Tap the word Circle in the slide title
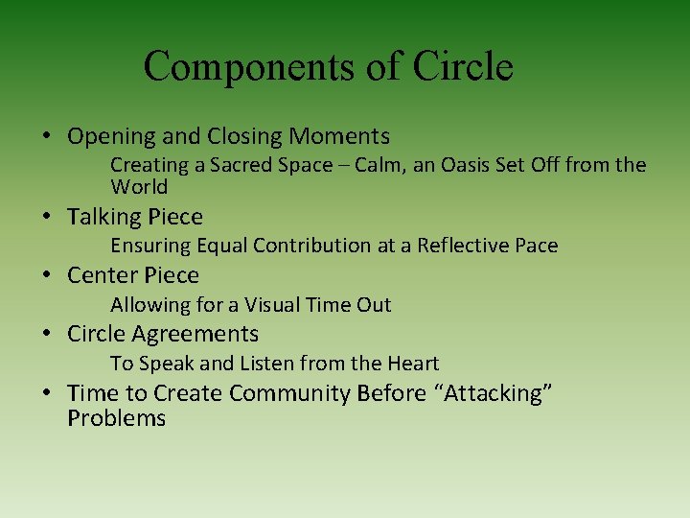click(463, 67)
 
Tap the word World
click(139, 187)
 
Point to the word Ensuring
click(150, 246)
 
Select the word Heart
click(411, 364)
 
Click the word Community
click(290, 393)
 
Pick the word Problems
click(117, 418)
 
